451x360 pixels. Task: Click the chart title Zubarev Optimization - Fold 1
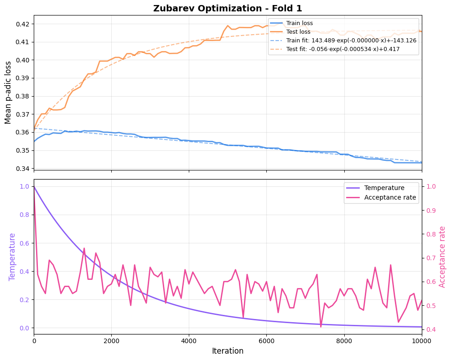[x=228, y=8]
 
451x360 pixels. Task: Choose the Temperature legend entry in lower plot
[x=384, y=188]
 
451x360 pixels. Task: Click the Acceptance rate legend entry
[x=390, y=197]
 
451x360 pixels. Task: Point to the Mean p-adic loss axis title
[x=8, y=93]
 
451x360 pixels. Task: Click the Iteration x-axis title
[x=228, y=351]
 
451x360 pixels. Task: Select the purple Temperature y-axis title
[x=12, y=257]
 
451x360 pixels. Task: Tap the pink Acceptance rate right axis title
[x=442, y=257]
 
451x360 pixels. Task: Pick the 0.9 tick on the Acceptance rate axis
[x=431, y=211]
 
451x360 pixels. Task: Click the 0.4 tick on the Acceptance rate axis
[x=431, y=329]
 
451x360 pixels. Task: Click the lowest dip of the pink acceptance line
[x=321, y=327]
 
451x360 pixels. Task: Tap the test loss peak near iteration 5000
[x=228, y=26]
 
